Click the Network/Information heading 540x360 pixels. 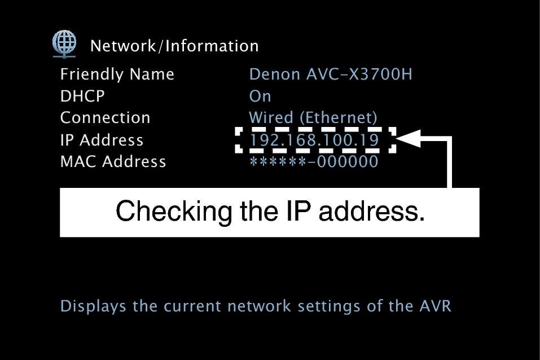click(x=174, y=46)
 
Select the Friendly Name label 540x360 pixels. click(x=117, y=74)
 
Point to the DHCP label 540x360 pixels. click(x=82, y=96)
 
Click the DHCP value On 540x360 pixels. click(x=260, y=96)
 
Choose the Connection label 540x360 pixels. click(x=105, y=118)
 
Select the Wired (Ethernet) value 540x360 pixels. click(x=313, y=118)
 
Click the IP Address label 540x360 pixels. click(x=102, y=140)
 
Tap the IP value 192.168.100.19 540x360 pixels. click(x=314, y=140)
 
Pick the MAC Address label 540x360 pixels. click(x=113, y=162)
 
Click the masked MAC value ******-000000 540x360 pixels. click(x=314, y=162)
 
